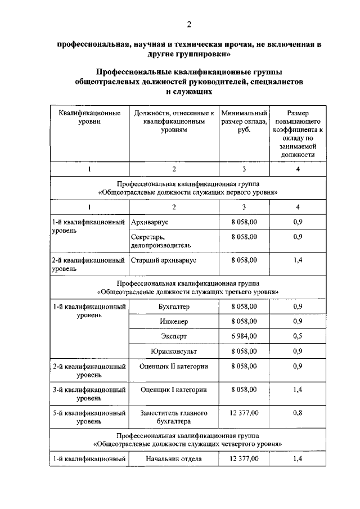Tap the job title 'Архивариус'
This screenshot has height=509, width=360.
click(149, 223)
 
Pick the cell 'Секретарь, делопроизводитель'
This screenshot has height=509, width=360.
click(160, 241)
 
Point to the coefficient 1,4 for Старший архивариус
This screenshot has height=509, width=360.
click(298, 260)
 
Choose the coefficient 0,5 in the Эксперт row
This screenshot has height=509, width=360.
click(298, 336)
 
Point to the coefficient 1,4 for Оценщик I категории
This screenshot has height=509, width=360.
click(298, 389)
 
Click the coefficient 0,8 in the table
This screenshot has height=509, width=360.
click(298, 413)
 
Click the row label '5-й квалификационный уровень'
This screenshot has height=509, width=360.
click(89, 417)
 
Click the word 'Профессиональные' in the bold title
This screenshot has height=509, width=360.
click(130, 73)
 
